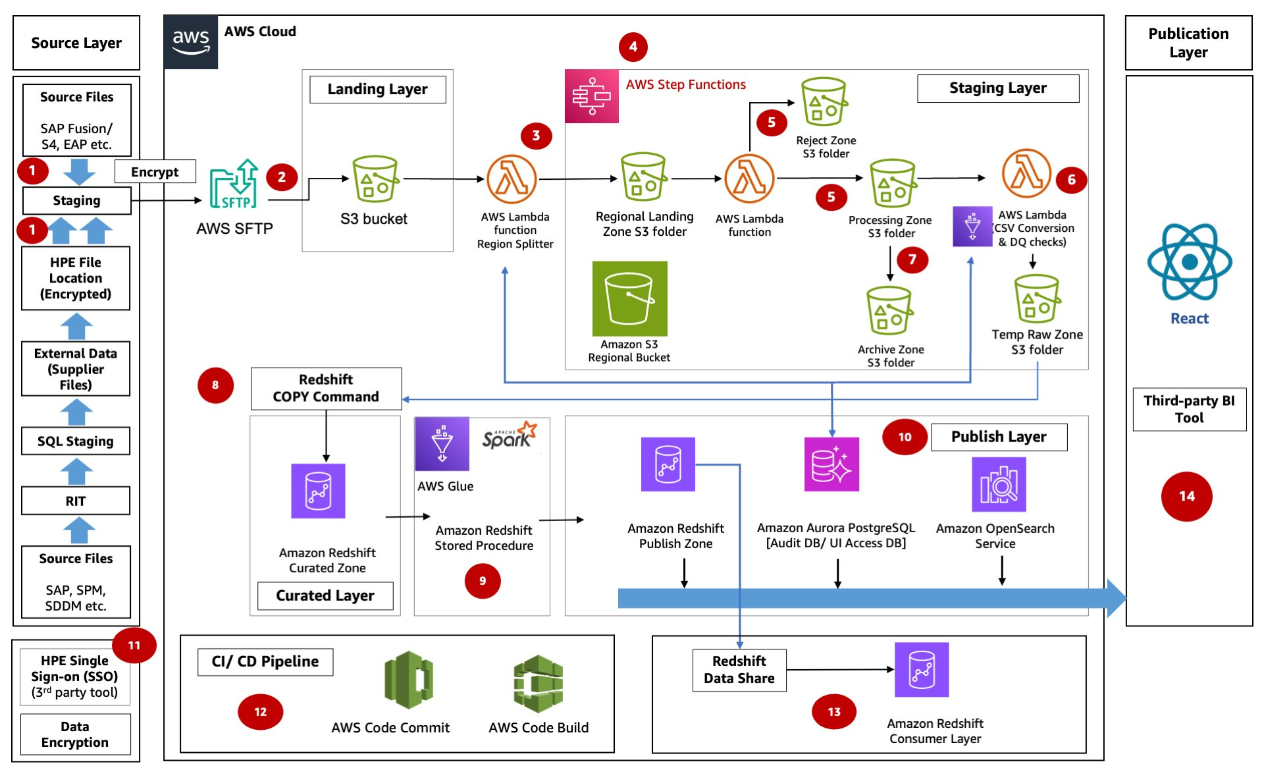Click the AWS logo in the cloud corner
pyautogui.click(x=190, y=42)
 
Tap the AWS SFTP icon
pyautogui.click(x=234, y=184)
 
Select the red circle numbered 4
pyautogui.click(x=633, y=47)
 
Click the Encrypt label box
pyautogui.click(x=155, y=172)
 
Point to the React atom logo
pyautogui.click(x=1189, y=262)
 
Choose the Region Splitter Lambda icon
pyautogui.click(x=512, y=179)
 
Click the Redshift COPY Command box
pyautogui.click(x=326, y=388)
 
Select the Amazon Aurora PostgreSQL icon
pyautogui.click(x=831, y=464)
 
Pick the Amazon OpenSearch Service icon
pyautogui.click(x=998, y=484)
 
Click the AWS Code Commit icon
pyautogui.click(x=408, y=680)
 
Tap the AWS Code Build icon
pyautogui.click(x=538, y=683)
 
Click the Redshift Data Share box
pyautogui.click(x=739, y=670)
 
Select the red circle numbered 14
pyautogui.click(x=1186, y=497)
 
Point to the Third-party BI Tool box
pyautogui.click(x=1189, y=409)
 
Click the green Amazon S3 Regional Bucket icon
pyautogui.click(x=629, y=298)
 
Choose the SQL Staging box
pyautogui.click(x=76, y=441)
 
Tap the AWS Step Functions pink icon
pyautogui.click(x=591, y=96)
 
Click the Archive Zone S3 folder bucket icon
pyautogui.click(x=889, y=311)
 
